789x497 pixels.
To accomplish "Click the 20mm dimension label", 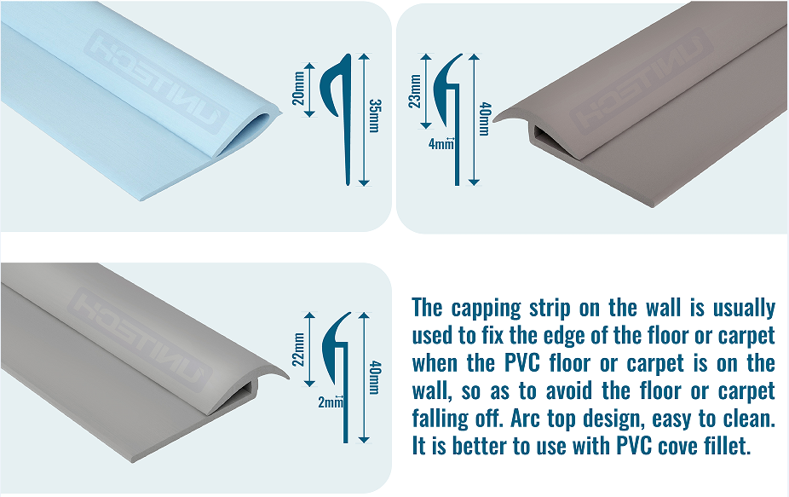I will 298,86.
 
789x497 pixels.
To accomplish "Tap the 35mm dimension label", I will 374,118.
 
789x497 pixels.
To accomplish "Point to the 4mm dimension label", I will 441,144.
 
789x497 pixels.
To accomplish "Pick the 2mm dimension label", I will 329,402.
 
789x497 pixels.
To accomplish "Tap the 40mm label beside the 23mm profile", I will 484,120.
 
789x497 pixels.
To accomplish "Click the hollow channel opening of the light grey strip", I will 244,390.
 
